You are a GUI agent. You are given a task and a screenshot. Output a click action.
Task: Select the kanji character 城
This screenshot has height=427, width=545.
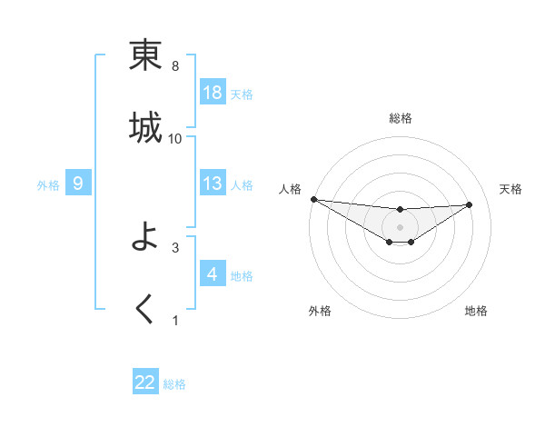point(145,127)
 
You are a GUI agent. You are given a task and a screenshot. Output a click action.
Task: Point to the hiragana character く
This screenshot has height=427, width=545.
point(145,310)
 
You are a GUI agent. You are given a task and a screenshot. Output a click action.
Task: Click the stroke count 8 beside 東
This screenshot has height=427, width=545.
point(175,66)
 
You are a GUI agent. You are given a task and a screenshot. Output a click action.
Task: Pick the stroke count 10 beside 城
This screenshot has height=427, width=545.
point(175,138)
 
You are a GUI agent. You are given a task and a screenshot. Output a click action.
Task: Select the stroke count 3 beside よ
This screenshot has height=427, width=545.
point(175,247)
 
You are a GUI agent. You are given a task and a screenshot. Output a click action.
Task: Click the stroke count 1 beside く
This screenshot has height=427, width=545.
point(175,320)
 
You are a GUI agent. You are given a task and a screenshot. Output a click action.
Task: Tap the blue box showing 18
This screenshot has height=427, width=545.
point(213,93)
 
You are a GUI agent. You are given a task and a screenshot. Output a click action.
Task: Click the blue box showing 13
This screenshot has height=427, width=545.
point(213,184)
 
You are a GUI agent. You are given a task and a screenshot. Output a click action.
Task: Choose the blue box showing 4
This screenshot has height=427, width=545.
point(213,274)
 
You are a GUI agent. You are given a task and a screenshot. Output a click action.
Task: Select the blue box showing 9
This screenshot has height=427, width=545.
point(78,184)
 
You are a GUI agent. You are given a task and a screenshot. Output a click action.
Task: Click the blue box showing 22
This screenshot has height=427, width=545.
point(145,382)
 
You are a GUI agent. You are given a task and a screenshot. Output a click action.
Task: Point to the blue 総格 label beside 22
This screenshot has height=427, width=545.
point(174,384)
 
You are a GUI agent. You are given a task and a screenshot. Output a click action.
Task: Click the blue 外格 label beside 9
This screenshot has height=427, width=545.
point(48,185)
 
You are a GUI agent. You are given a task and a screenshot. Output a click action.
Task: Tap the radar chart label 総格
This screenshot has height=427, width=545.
point(400,118)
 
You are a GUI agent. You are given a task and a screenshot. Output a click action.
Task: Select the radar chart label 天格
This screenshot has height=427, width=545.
point(511,189)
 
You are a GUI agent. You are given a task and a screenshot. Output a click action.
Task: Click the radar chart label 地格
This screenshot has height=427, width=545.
point(476,311)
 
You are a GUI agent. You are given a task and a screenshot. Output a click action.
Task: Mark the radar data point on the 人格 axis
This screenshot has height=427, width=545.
point(313,199)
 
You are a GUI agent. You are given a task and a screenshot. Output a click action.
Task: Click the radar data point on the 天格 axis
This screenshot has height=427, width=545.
point(470,204)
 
